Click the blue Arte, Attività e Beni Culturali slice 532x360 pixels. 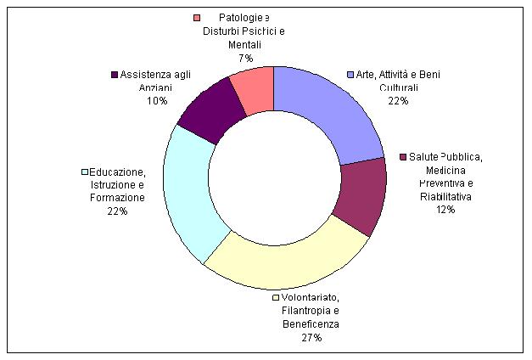pyautogui.click(x=328, y=110)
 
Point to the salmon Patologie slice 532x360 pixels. pyautogui.click(x=255, y=86)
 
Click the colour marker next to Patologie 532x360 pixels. pyautogui.click(x=197, y=18)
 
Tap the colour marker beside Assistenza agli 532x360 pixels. pyautogui.click(x=115, y=74)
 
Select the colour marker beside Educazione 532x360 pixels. pyautogui.click(x=85, y=172)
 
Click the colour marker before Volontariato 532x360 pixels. pyautogui.click(x=276, y=297)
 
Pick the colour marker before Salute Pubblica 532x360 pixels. pyautogui.click(x=404, y=158)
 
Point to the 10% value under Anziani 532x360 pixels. pyautogui.click(x=157, y=100)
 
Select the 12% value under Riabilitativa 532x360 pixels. pyautogui.click(x=445, y=210)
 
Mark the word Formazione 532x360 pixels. pyautogui.click(x=117, y=198)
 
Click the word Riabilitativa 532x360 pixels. pyautogui.click(x=445, y=197)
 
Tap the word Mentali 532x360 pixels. pyautogui.click(x=244, y=44)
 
